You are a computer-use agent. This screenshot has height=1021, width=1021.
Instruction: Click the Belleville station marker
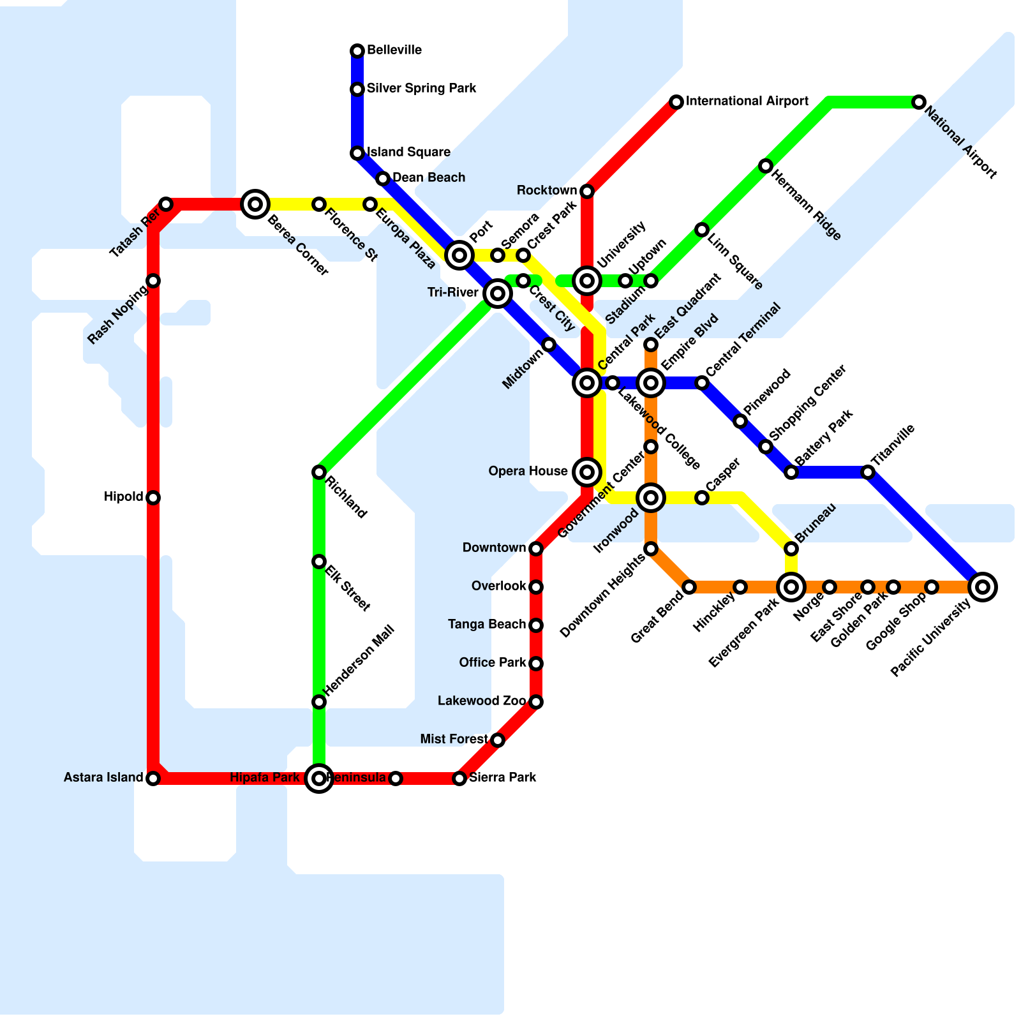click(x=357, y=50)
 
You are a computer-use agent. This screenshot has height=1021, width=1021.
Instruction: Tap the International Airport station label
click(x=747, y=101)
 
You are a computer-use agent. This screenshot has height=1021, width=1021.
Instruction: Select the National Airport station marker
click(x=918, y=102)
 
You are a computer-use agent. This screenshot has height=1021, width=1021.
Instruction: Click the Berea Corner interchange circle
click(x=255, y=204)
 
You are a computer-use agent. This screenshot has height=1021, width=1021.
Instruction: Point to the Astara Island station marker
click(x=153, y=779)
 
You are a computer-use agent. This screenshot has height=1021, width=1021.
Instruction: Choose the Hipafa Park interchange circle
click(x=319, y=779)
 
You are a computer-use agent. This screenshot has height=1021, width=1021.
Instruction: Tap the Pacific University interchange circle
click(x=983, y=587)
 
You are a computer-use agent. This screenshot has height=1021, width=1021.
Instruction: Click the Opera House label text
click(x=528, y=472)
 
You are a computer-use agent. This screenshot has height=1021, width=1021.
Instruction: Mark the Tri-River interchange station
click(x=498, y=294)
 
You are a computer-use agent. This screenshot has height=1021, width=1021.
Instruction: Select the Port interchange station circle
click(x=459, y=255)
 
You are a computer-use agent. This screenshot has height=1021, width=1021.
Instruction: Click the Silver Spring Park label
click(x=421, y=89)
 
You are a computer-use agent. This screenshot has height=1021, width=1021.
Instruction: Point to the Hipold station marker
click(x=153, y=498)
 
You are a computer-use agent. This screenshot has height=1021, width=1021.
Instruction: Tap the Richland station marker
click(x=319, y=472)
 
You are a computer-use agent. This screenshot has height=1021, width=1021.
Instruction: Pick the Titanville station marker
click(x=868, y=472)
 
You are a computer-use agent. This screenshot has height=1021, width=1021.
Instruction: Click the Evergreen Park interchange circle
click(x=791, y=587)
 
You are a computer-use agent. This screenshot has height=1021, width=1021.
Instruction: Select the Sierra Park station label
click(x=502, y=778)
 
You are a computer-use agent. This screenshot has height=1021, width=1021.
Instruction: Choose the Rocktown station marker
click(x=587, y=191)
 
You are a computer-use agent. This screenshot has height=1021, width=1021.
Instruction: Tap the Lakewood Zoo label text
click(x=482, y=701)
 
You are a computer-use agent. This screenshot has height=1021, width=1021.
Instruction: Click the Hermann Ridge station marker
click(x=766, y=166)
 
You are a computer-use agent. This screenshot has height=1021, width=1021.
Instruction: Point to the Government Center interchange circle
click(x=651, y=498)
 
